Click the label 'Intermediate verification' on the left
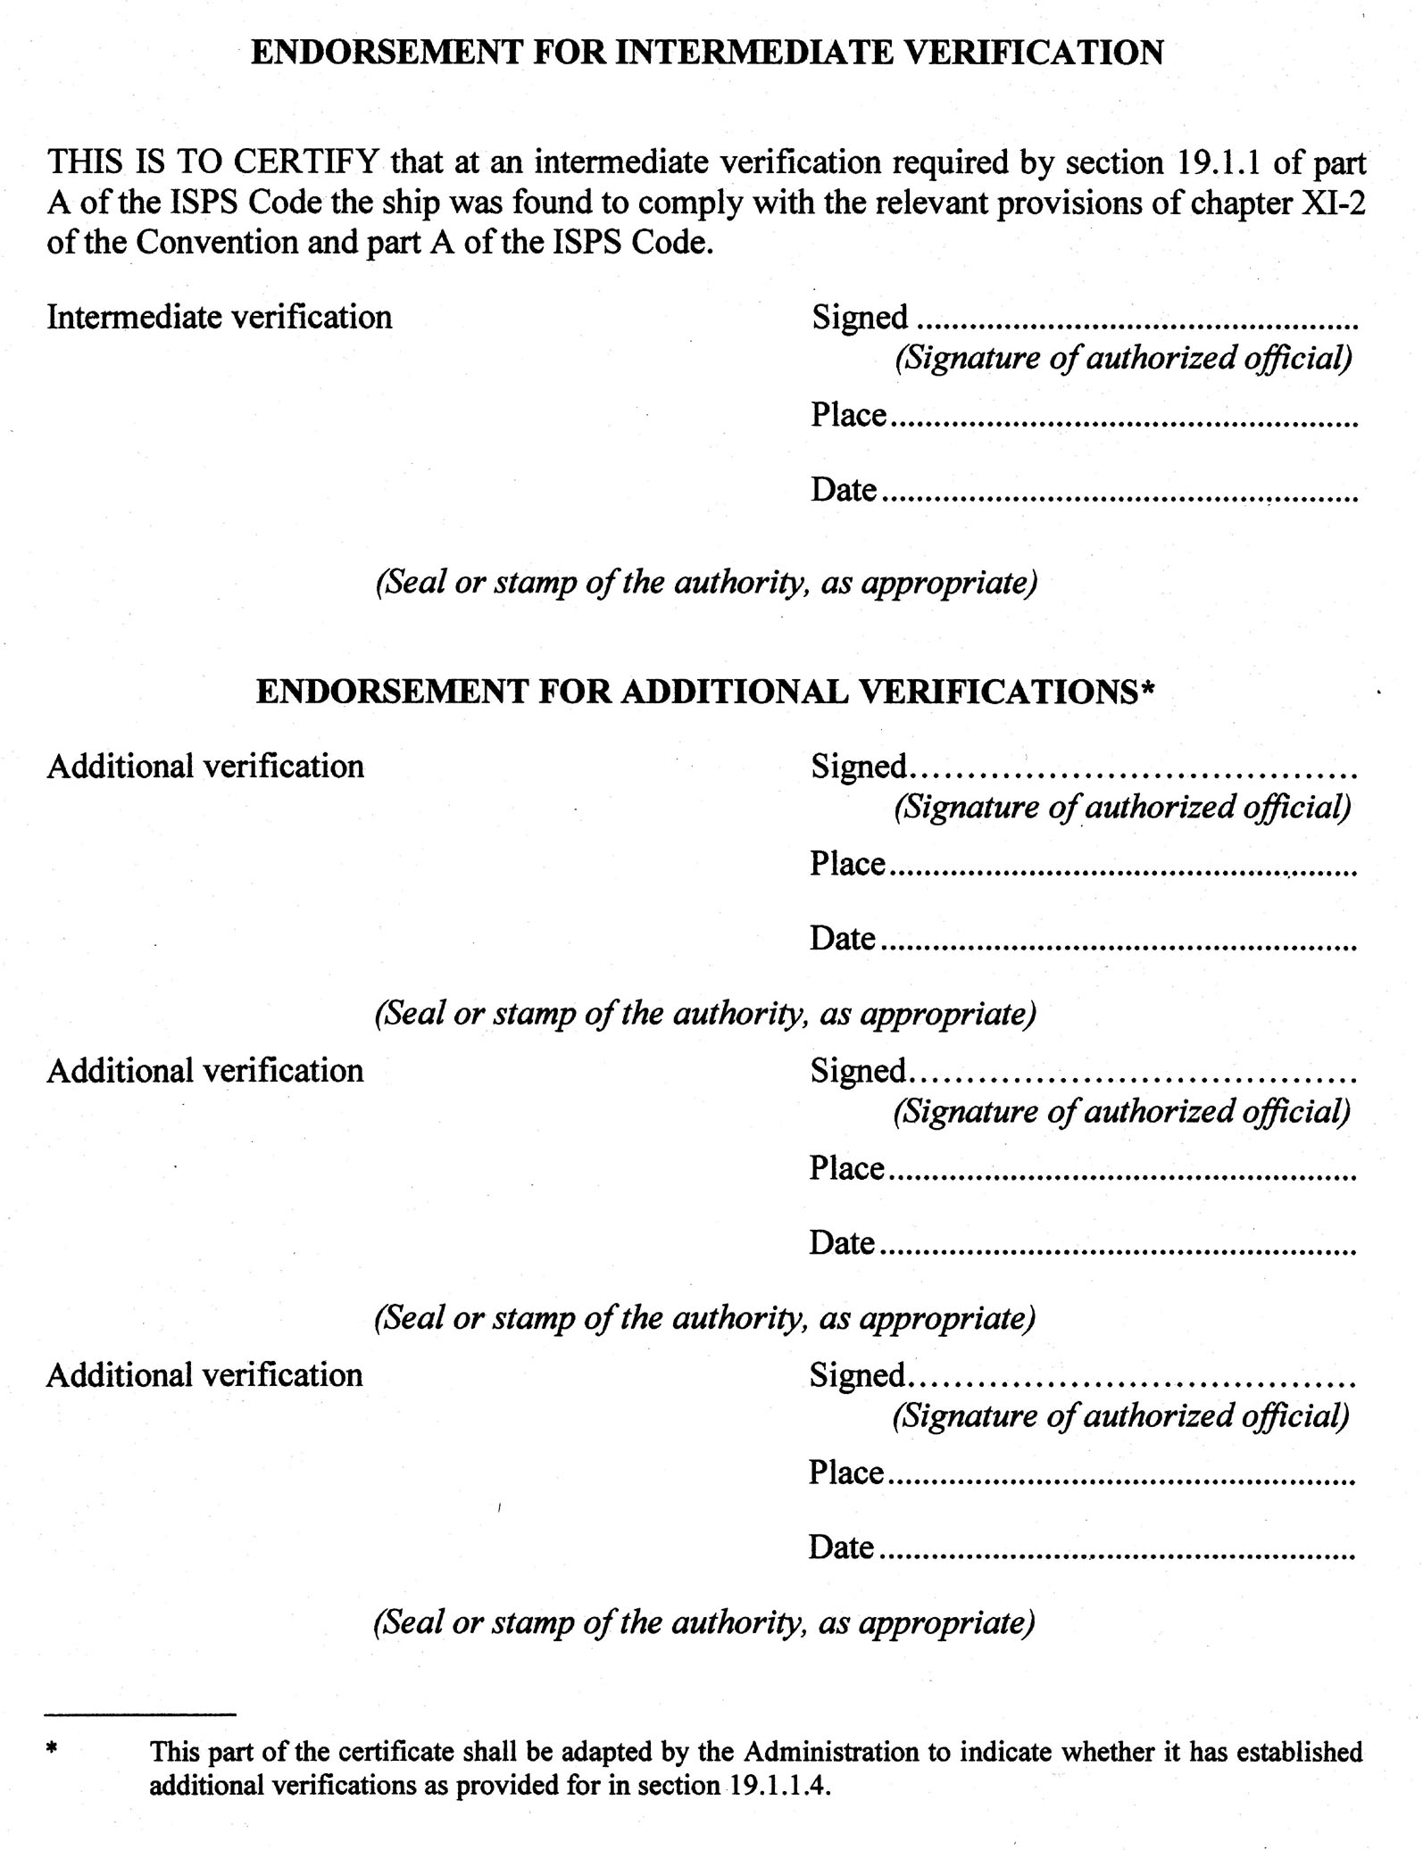point(219,317)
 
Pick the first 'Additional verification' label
point(205,767)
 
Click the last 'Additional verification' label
point(204,1375)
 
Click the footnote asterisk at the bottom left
point(52,1751)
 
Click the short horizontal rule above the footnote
point(140,1714)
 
